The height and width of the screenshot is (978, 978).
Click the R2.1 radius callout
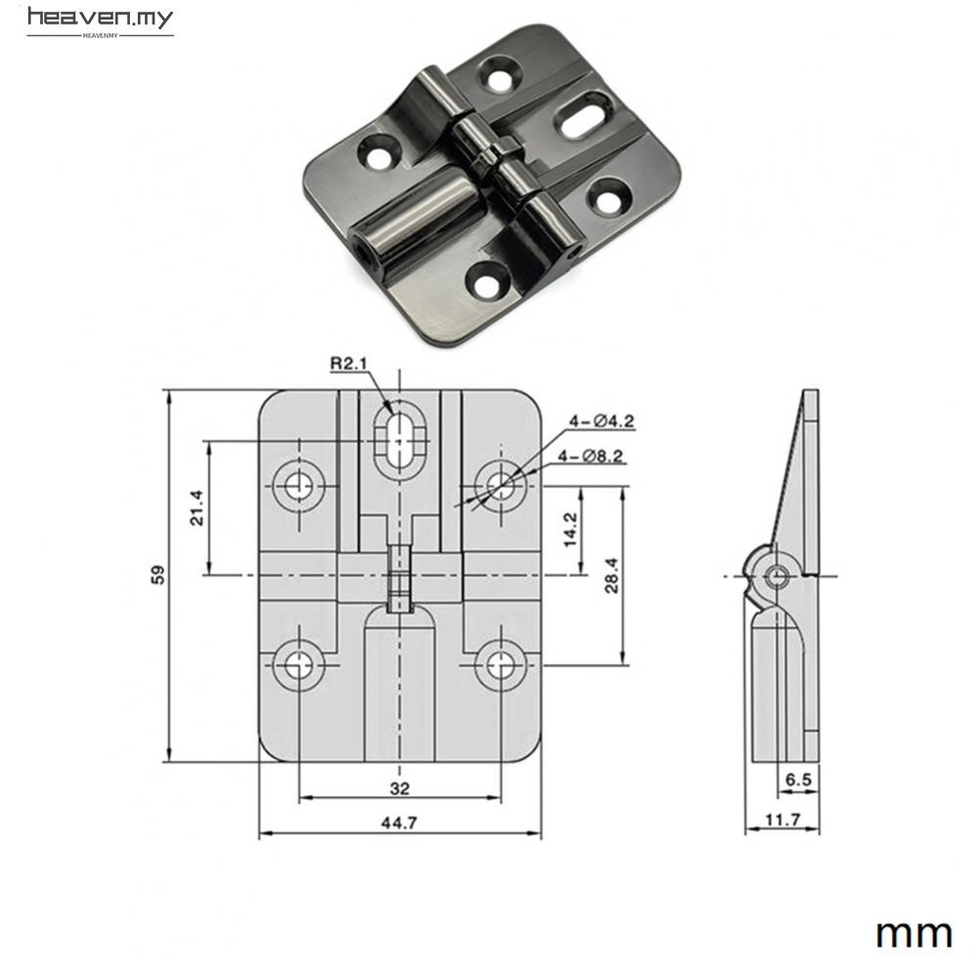[x=348, y=365]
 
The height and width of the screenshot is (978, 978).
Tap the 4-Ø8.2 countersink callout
[x=591, y=456]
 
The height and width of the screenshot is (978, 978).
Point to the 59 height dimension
[x=157, y=575]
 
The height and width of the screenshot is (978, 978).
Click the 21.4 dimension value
[x=196, y=508]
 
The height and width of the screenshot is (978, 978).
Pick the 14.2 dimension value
[x=570, y=529]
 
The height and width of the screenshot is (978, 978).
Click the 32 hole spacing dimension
[x=399, y=787]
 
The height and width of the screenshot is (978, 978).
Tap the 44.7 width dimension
[x=399, y=823]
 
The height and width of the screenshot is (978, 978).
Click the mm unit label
[x=913, y=933]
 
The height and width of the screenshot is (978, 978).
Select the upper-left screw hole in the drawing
[x=298, y=484]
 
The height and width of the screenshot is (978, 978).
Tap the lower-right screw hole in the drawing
[x=500, y=665]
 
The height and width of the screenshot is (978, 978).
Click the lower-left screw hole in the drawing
[x=298, y=665]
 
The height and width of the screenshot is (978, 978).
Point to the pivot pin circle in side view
[x=778, y=576]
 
